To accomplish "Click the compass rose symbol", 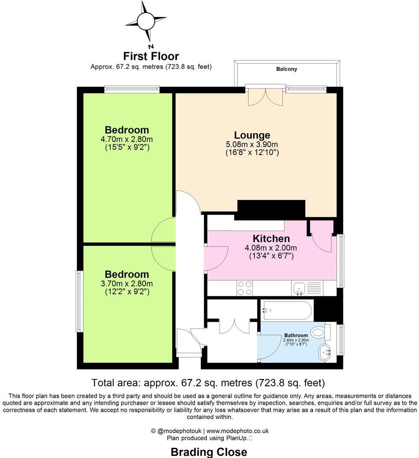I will [146, 21].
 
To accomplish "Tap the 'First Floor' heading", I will [151, 56].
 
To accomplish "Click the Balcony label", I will [287, 69].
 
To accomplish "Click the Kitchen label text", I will [271, 238].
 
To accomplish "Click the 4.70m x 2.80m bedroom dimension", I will [127, 139].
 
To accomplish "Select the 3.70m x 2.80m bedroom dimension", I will [127, 283].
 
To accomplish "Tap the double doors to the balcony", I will [265, 97].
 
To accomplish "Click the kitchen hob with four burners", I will [244, 288].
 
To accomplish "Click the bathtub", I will [287, 310].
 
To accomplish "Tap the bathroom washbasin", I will [324, 352].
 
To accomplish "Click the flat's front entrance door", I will [188, 342].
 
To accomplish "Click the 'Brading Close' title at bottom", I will [209, 452].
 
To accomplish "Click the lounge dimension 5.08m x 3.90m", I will [252, 144].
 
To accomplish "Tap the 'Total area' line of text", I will [209, 382].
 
